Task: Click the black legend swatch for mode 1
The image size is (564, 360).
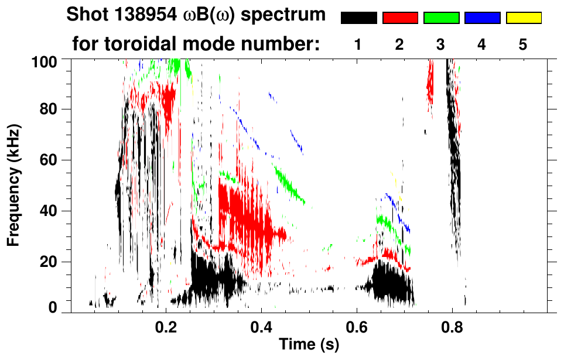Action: click(358, 18)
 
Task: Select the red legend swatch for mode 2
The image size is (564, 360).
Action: click(400, 18)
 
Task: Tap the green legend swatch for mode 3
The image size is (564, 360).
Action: click(441, 18)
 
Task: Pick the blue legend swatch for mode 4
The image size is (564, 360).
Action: click(482, 18)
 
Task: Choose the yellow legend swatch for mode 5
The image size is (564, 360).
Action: click(524, 18)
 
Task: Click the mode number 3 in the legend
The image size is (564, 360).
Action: click(441, 44)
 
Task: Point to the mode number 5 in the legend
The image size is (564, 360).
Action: click(523, 44)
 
